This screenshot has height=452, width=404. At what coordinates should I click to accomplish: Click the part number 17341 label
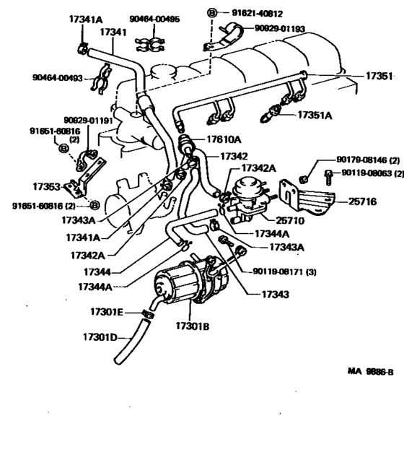click(113, 32)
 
